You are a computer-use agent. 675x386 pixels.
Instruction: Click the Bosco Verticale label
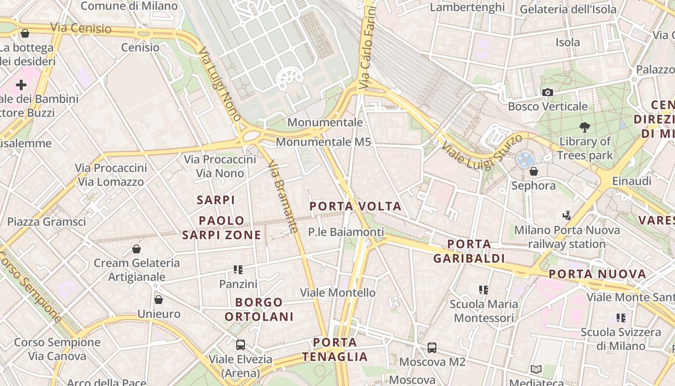[x=548, y=106]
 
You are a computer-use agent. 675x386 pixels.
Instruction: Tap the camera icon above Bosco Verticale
[x=547, y=92]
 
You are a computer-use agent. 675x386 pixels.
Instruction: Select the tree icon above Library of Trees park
[x=585, y=127]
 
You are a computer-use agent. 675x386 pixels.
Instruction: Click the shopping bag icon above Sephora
[x=533, y=171]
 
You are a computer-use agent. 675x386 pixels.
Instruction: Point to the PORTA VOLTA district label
[x=355, y=207]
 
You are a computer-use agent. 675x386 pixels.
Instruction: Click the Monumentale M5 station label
[x=324, y=142]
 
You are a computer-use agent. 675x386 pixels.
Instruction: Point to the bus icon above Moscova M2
[x=432, y=347]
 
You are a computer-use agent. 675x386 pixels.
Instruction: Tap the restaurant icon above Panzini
[x=238, y=270]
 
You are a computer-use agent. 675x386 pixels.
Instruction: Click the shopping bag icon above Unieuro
[x=159, y=300]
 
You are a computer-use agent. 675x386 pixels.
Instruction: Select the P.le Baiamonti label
[x=346, y=232]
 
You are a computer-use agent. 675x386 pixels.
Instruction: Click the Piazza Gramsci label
[x=46, y=222]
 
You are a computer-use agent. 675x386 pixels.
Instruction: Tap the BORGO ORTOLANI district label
[x=265, y=310]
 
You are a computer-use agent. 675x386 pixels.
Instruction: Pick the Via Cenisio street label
[x=81, y=28]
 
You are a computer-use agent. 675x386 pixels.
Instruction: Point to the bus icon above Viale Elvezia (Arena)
[x=240, y=345]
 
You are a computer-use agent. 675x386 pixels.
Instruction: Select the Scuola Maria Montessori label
[x=484, y=311]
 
